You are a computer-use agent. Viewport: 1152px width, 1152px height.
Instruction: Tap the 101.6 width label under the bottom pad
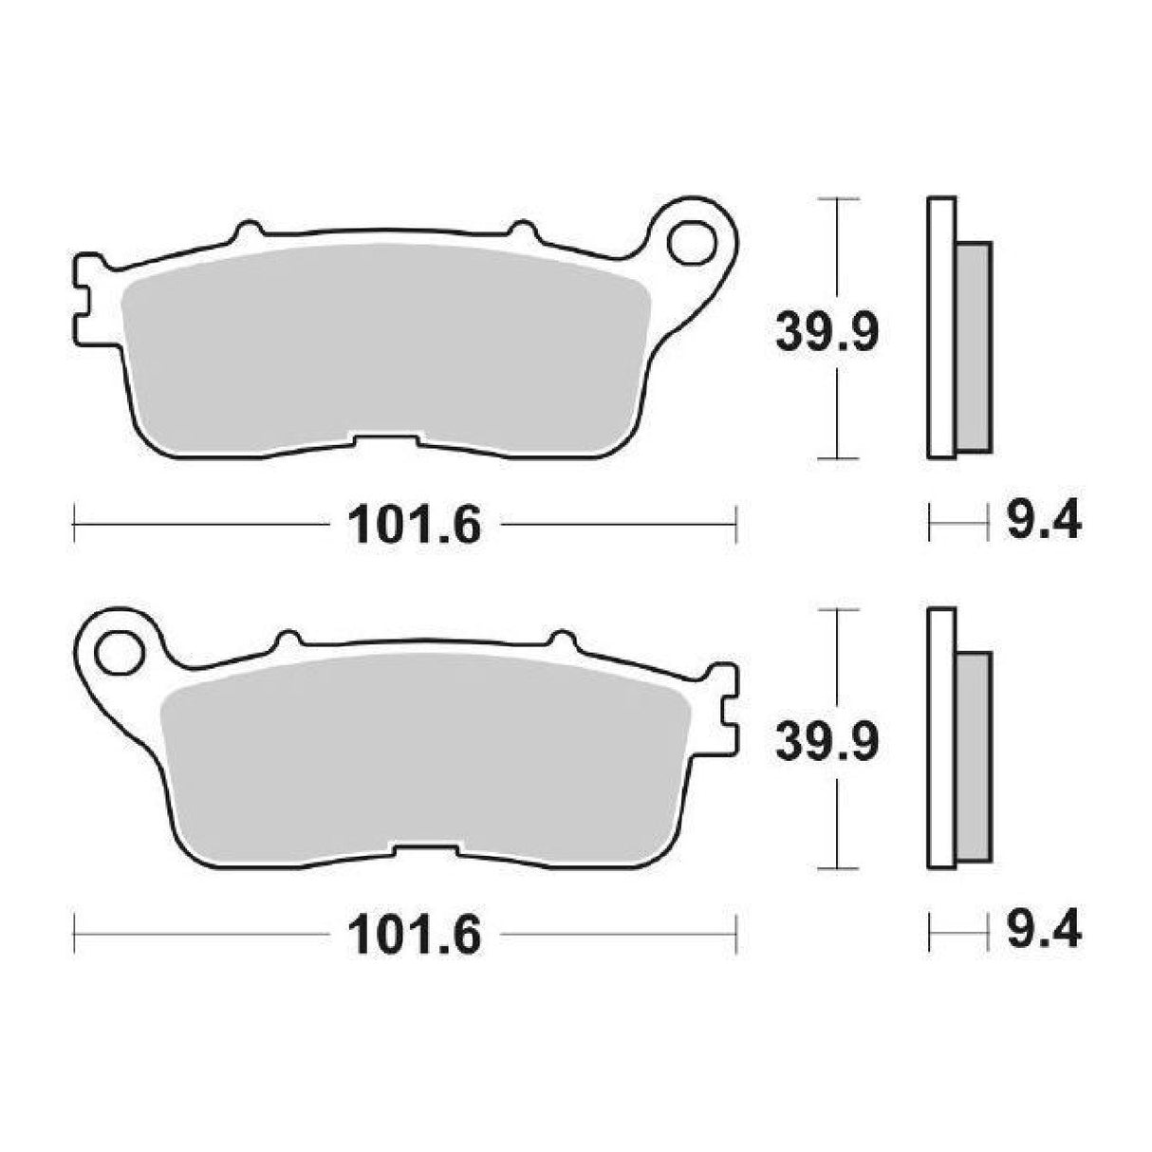pos(416,935)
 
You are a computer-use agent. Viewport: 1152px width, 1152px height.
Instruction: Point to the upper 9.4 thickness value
pos(1041,521)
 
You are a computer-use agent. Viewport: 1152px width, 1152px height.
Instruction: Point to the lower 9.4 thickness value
pos(1041,933)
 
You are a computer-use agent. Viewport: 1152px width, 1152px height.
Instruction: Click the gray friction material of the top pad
pos(384,351)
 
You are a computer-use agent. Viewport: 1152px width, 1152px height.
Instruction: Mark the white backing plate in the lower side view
pos(941,738)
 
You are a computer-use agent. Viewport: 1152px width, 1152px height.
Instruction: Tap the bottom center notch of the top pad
pos(384,439)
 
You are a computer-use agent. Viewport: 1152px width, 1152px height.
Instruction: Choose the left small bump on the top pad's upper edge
pos(248,231)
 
